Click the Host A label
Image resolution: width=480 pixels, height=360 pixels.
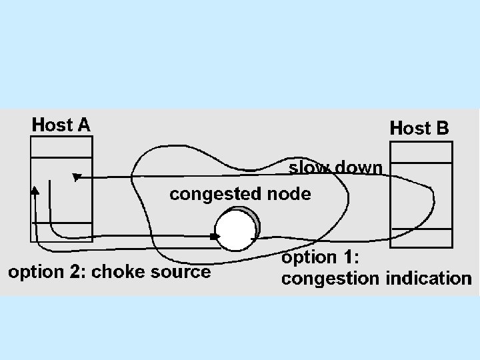tap(61, 125)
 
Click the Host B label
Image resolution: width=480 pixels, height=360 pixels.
tap(419, 127)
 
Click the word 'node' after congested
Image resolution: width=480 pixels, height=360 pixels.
tap(289, 195)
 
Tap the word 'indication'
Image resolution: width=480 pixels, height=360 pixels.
tap(429, 279)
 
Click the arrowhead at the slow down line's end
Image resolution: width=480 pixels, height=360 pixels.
tap(76, 177)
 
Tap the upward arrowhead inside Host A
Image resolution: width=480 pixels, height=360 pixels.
tap(35, 190)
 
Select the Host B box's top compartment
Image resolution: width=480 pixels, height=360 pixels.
tap(411, 153)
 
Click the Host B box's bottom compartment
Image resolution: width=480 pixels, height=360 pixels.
tap(411, 237)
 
